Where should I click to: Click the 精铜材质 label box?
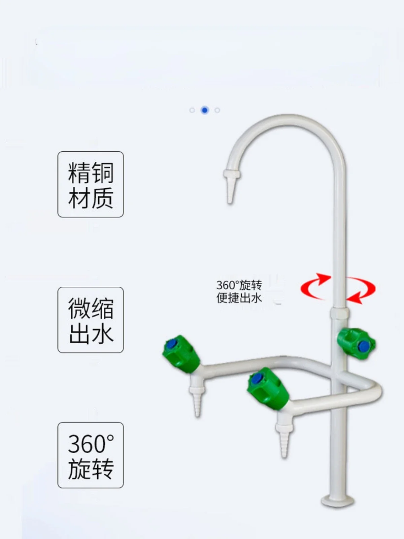coord(91,184)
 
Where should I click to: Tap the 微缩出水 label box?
coord(91,320)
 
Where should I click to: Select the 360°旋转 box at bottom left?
coord(91,455)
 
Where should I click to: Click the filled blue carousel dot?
coord(205,110)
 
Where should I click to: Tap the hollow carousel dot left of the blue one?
coord(192,110)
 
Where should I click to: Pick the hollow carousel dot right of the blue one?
coord(217,110)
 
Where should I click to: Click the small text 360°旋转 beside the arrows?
coord(239,285)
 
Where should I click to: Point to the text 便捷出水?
coord(239,298)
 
